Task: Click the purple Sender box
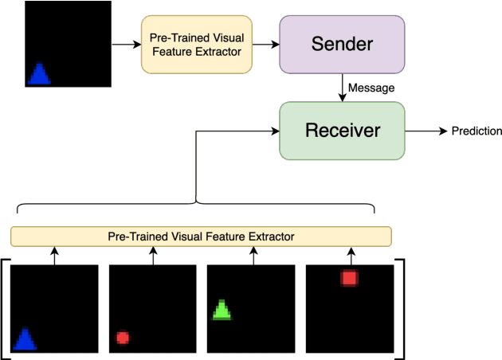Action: [342, 44]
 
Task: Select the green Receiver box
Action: [342, 130]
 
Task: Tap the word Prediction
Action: [477, 131]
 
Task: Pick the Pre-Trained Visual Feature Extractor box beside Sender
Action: [196, 44]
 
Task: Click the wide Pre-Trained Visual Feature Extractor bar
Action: [201, 237]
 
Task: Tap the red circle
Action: [123, 338]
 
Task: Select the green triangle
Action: [222, 310]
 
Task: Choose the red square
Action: [349, 278]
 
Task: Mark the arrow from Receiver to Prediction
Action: [426, 131]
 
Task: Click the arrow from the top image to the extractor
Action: [124, 44]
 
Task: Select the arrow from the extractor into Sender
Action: [265, 44]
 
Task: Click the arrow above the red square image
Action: [351, 255]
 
